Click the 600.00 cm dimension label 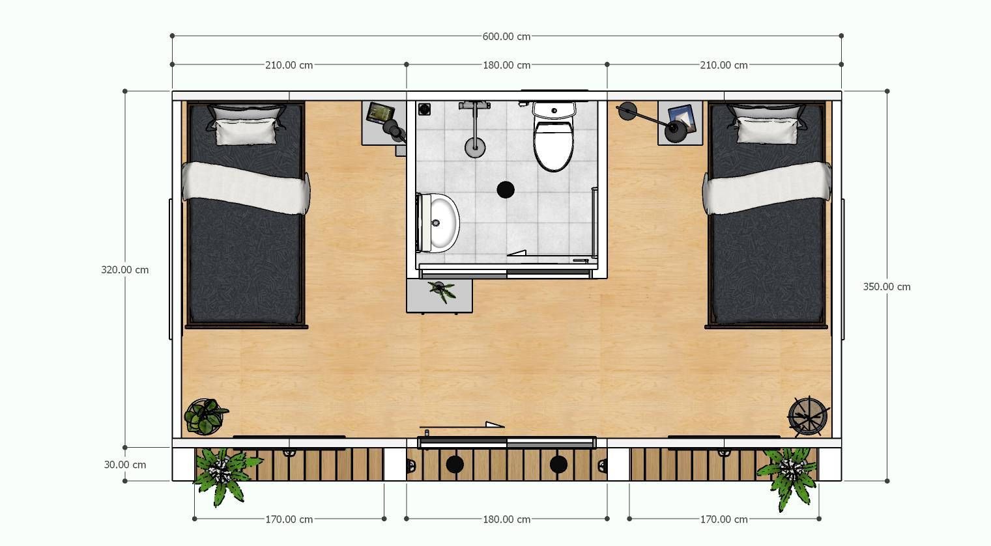click(506, 36)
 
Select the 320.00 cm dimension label click(124, 270)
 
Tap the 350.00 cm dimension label click(887, 287)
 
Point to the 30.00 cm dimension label click(124, 465)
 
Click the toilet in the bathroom click(553, 136)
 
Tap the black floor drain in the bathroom click(505, 190)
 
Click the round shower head click(475, 146)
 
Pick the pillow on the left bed click(246, 131)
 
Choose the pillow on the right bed click(768, 130)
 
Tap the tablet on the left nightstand click(380, 112)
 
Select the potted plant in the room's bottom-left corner click(205, 416)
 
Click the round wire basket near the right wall click(808, 416)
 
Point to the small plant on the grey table click(442, 291)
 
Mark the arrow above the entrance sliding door click(463, 426)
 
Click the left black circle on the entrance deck click(454, 464)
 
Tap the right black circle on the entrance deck click(558, 464)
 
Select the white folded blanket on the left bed click(246, 188)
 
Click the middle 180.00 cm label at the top click(506, 65)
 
